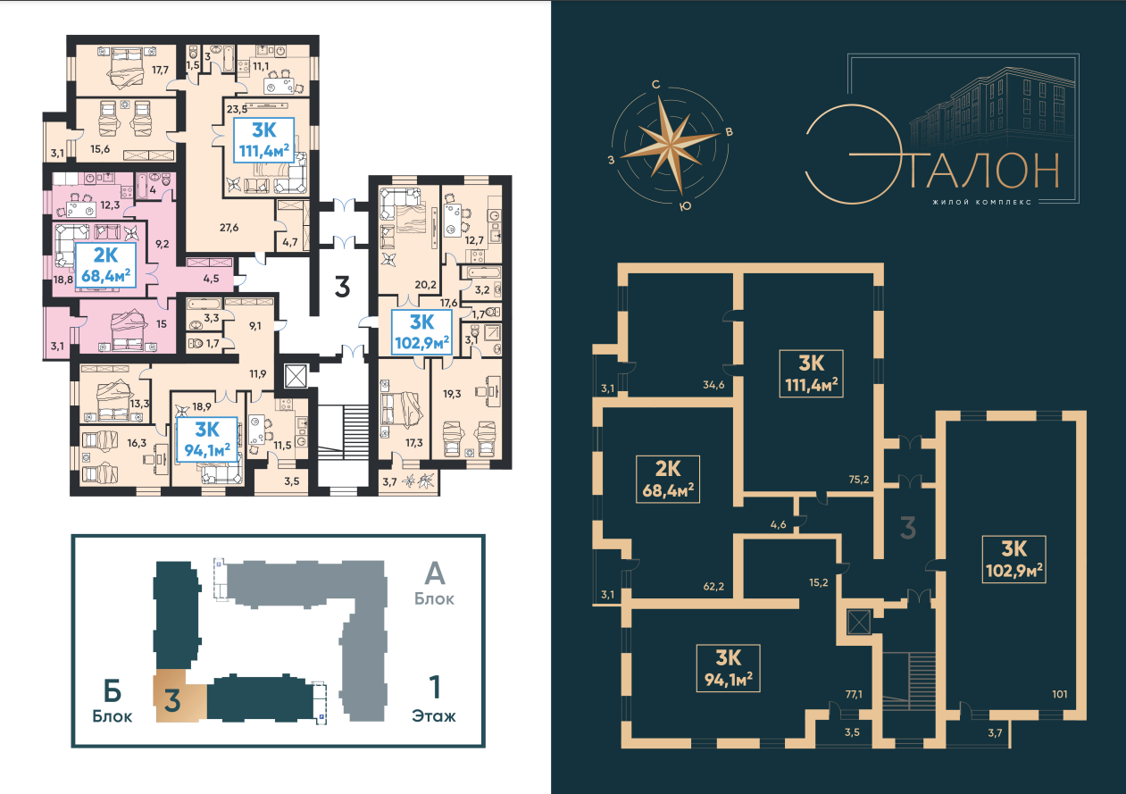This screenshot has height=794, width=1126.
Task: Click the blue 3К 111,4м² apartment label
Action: coord(264,140)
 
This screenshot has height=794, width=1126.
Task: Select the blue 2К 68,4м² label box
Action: coord(105,265)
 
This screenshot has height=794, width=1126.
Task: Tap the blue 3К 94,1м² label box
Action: coord(207,439)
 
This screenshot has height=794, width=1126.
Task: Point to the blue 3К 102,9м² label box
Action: coord(421,332)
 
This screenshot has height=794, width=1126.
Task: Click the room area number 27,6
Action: coord(229,228)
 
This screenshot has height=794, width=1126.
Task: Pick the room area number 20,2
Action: coord(425,285)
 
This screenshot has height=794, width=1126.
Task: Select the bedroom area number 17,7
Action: coord(161,70)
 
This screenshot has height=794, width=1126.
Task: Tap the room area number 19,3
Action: coord(452,394)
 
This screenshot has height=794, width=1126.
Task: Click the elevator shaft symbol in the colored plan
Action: coord(296,376)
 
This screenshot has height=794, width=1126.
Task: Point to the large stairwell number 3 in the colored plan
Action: coord(342,287)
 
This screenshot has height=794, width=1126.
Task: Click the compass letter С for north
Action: coord(656,85)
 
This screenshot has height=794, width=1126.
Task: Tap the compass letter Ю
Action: coord(685,206)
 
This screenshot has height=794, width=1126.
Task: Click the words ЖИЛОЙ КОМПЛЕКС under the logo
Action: coord(981,202)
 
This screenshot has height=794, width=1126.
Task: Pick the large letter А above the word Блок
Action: coord(435,573)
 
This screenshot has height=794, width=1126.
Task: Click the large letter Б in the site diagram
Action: coord(113,691)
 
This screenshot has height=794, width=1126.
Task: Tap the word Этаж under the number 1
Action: coord(434,715)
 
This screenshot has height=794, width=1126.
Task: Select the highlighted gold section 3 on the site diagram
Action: coord(179,696)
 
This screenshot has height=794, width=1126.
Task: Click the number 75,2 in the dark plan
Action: coord(859,480)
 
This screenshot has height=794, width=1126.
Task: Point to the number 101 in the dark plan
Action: coord(1060,694)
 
